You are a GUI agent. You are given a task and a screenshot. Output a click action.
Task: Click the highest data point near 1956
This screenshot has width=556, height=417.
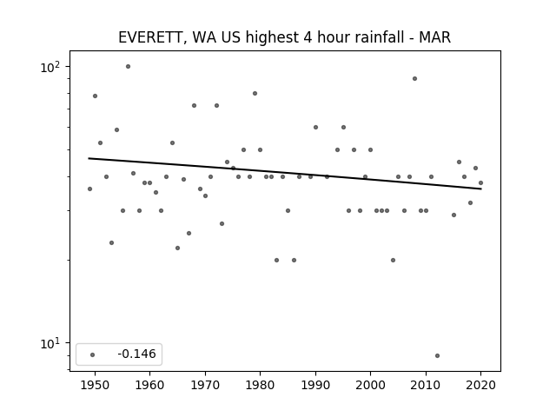click(128, 67)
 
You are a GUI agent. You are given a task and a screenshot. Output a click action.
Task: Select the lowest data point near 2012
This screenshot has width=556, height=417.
click(437, 355)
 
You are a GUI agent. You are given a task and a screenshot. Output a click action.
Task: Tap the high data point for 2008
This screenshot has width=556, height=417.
click(415, 79)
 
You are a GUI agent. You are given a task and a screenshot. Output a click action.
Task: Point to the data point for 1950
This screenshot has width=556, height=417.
click(95, 96)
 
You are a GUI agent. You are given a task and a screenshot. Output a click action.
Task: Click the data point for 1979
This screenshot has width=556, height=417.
click(255, 94)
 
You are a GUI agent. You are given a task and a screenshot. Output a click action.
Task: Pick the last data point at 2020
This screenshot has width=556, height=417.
click(480, 183)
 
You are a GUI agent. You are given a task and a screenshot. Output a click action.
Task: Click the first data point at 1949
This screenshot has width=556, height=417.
click(89, 189)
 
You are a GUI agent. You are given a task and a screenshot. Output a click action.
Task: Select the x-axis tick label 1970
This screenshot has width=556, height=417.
click(205, 385)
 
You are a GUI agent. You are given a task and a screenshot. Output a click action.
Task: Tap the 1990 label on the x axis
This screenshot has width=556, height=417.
click(315, 385)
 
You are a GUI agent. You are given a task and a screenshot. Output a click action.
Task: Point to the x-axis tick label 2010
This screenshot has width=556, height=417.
click(426, 385)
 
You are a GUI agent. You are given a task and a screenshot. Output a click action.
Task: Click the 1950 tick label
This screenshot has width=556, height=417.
click(95, 385)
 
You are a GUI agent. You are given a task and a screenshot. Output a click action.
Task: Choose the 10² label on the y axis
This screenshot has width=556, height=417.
click(50, 67)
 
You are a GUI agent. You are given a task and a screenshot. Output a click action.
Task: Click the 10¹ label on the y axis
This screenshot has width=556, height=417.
click(50, 343)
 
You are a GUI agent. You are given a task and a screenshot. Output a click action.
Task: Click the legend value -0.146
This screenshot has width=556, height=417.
click(136, 354)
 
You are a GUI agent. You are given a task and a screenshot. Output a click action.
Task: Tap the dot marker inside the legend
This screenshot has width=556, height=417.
click(93, 355)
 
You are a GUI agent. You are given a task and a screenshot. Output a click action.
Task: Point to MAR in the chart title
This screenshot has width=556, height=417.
click(434, 37)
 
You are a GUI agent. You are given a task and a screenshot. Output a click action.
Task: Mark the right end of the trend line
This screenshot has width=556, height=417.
click(481, 189)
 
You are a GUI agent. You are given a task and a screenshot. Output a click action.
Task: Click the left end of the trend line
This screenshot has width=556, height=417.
click(89, 158)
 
